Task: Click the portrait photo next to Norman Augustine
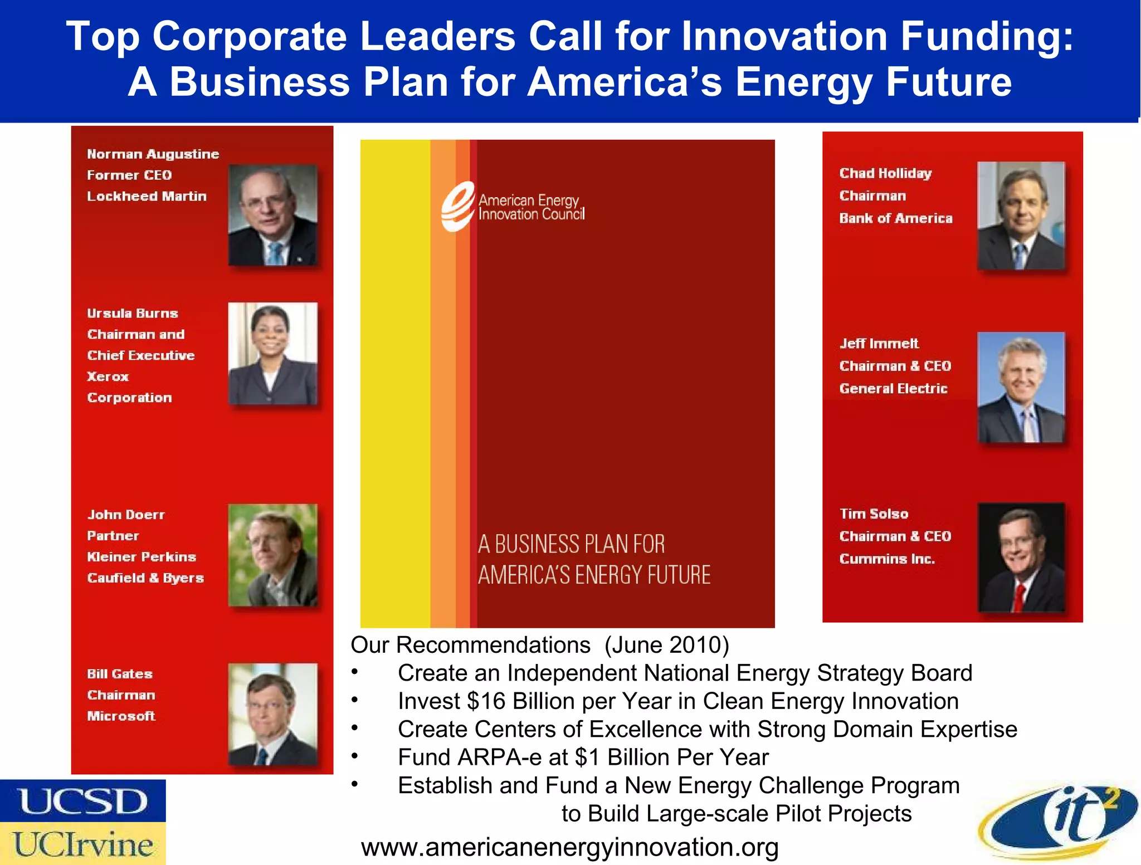click(272, 215)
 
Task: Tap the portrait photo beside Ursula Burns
click(272, 353)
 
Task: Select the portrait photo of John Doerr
click(272, 555)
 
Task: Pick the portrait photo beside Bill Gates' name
click(272, 713)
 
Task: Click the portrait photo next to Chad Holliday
click(1021, 216)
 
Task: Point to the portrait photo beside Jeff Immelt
click(1021, 387)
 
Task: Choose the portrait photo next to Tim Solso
click(1021, 557)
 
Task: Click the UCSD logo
click(83, 801)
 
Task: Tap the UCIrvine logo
click(83, 843)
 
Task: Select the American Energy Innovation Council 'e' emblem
click(457, 206)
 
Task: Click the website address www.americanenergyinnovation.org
click(569, 847)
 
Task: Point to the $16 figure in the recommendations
click(486, 701)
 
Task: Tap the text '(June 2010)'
click(666, 645)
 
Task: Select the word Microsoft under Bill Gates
click(121, 716)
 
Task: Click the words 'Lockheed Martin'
click(147, 196)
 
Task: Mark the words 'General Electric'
click(893, 388)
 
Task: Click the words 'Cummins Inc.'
click(887, 559)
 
